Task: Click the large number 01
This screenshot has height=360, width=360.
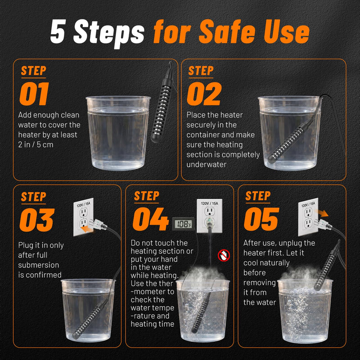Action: coord(35,94)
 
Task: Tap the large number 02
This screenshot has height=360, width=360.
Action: coord(204,94)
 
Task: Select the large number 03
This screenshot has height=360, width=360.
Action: coord(37,220)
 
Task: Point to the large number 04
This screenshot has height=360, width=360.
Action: coord(151,219)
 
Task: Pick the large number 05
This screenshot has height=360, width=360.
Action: coord(261,219)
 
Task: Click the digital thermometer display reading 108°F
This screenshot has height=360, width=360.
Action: coord(184,224)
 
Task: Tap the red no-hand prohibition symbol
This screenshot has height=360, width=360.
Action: coord(224,255)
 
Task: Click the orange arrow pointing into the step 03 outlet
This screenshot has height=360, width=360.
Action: coord(87,229)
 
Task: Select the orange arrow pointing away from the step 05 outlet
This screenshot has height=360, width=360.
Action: coord(322,213)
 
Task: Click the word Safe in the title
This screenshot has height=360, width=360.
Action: coord(227,31)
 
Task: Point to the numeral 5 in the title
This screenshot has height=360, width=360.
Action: coord(58,31)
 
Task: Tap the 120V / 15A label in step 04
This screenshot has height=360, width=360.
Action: coord(209,203)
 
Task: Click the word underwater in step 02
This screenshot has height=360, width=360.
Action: coord(207,164)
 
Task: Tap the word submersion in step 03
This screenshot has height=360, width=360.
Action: coord(39,265)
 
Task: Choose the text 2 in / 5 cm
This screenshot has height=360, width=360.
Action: coord(36,144)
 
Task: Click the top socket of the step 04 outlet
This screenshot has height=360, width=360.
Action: coord(209,211)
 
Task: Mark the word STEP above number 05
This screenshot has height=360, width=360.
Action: coord(258,196)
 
